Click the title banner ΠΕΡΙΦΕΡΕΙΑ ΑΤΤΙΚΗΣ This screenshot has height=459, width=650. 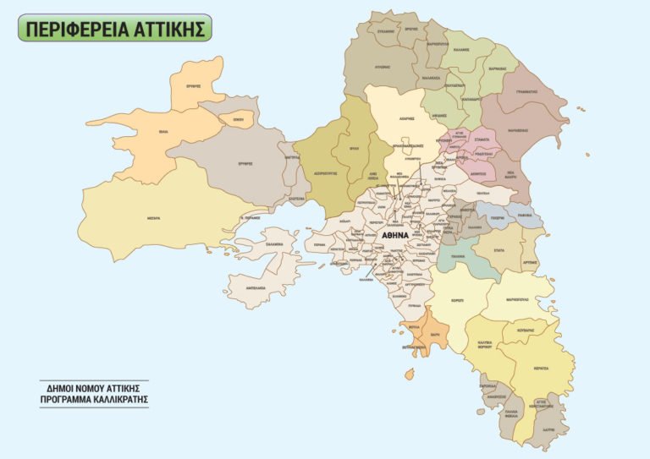tap(114, 28)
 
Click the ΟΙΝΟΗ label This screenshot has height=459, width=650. tap(238, 120)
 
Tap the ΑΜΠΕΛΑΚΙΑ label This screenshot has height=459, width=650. tap(256, 287)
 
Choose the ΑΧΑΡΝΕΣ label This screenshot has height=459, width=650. tap(405, 119)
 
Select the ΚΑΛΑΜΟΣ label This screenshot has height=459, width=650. tap(460, 51)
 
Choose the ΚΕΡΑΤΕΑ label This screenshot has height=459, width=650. tap(542, 369)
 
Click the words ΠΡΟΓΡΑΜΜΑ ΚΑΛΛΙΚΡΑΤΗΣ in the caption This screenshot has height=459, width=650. tap(93, 397)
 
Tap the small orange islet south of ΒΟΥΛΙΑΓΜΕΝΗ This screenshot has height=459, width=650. tap(410, 373)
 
